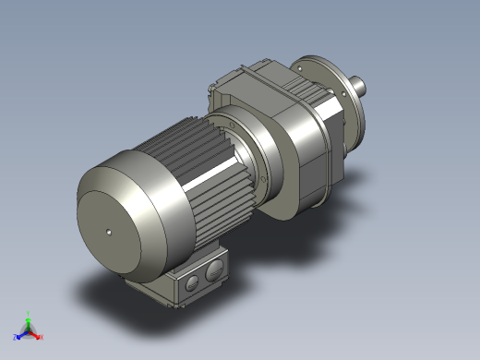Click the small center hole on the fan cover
[108, 232]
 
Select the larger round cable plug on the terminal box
[214, 270]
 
